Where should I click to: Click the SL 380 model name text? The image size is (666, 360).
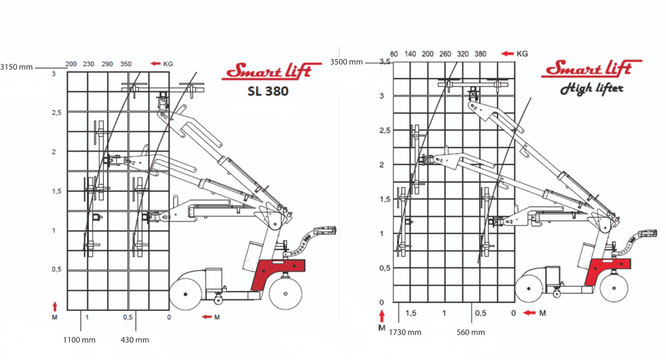click(268, 91)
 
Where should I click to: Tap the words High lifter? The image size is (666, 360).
click(592, 89)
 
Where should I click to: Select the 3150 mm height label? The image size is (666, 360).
click(16, 67)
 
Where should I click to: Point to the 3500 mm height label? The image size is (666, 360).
click(347, 62)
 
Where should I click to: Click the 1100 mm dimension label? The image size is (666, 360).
click(79, 340)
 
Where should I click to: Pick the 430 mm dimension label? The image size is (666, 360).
click(135, 340)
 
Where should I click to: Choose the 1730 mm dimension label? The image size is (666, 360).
click(405, 332)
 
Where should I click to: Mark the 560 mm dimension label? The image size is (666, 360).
click(471, 332)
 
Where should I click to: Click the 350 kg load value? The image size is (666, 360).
click(126, 64)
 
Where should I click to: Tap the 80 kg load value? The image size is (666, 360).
click(394, 54)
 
